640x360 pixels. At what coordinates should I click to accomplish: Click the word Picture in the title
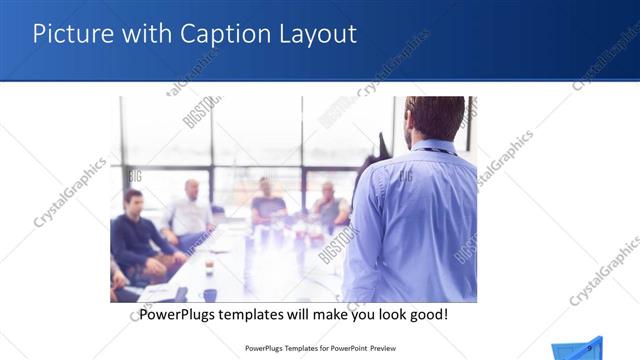(x=70, y=34)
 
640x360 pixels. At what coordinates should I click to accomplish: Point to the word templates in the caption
(x=262, y=315)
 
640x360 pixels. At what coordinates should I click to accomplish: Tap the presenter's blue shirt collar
(x=433, y=149)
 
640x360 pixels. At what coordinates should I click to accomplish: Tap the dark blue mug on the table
(x=210, y=294)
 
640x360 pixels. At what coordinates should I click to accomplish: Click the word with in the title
(x=143, y=34)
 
